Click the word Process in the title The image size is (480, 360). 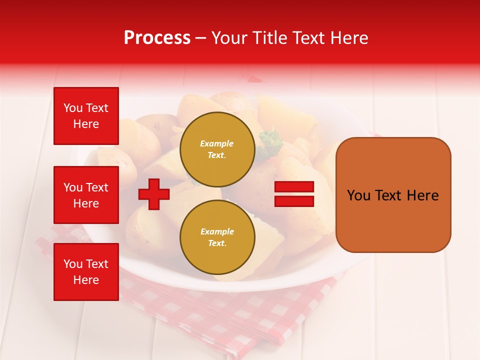click(x=157, y=38)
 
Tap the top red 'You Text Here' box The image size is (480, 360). click(x=86, y=116)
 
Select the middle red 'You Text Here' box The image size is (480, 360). click(x=86, y=195)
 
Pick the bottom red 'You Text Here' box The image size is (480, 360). click(x=86, y=272)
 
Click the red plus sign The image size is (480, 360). click(x=154, y=194)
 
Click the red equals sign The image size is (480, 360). click(x=294, y=194)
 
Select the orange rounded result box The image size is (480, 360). click(x=393, y=194)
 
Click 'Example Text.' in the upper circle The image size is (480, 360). click(x=217, y=149)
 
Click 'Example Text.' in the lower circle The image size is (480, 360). click(x=217, y=237)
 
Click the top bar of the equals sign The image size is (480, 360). click(x=294, y=187)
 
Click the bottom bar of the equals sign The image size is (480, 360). click(x=294, y=201)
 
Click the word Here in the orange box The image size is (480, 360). click(x=422, y=195)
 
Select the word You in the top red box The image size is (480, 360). click(x=73, y=108)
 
